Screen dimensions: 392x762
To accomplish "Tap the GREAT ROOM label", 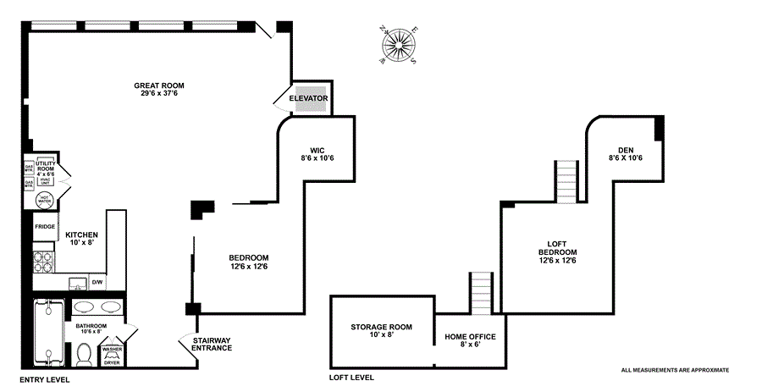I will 159,89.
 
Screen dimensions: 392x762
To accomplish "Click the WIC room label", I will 317,153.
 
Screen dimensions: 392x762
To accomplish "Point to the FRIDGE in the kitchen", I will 45,227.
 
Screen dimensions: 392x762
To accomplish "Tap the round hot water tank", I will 46,201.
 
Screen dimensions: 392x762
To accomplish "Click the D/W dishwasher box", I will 97,282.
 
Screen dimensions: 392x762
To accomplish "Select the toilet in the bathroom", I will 84,356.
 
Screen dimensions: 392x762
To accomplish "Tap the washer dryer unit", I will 112,356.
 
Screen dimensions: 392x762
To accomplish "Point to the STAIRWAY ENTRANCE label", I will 211,344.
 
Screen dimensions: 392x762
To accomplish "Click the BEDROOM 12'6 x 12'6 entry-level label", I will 249,262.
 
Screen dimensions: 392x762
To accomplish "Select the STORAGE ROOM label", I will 381,329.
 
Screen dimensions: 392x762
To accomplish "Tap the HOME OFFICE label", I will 470,341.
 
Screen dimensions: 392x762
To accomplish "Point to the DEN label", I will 626,153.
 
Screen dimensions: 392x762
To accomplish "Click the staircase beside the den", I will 566,181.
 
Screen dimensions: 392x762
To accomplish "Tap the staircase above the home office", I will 481,293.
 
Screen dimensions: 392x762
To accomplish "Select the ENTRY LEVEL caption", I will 45,379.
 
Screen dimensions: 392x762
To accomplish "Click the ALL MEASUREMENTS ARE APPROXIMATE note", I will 675,370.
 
